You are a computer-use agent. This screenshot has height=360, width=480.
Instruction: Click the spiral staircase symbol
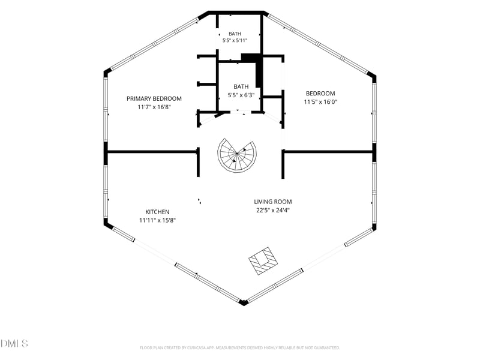(x=237, y=155)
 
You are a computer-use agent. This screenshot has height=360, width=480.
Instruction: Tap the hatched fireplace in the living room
(x=263, y=261)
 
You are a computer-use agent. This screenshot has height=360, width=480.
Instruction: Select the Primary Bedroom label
(x=154, y=98)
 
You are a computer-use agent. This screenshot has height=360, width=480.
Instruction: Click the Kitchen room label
(x=157, y=212)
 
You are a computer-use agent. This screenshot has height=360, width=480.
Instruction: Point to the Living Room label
(x=273, y=202)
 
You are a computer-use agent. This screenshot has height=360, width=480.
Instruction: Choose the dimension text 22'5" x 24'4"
(x=273, y=211)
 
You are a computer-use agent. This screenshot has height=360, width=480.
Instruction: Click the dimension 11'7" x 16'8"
(x=154, y=107)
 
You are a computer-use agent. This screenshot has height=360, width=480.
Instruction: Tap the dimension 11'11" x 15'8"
(x=157, y=220)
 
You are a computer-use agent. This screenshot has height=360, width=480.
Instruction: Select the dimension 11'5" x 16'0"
(x=320, y=102)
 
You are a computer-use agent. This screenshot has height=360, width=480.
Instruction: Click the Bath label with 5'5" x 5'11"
(x=235, y=34)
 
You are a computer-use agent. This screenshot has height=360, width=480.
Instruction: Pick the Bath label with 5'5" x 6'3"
(x=241, y=86)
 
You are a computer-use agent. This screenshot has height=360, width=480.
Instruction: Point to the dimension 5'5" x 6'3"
(x=241, y=95)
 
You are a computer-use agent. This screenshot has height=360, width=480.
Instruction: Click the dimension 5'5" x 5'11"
(x=235, y=40)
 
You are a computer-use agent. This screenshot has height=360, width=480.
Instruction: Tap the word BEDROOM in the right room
(x=320, y=94)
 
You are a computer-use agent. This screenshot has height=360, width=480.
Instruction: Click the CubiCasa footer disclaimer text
(x=239, y=348)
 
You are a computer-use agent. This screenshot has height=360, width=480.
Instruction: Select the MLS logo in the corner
(x=14, y=343)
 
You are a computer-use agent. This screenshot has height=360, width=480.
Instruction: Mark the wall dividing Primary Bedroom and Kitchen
(x=152, y=152)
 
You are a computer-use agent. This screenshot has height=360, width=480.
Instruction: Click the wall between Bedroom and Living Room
(x=328, y=152)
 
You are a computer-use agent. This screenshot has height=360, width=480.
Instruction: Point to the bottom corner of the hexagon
(x=243, y=305)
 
